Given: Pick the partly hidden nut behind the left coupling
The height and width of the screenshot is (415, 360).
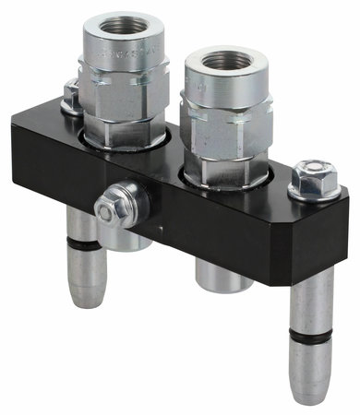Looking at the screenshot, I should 69,94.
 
